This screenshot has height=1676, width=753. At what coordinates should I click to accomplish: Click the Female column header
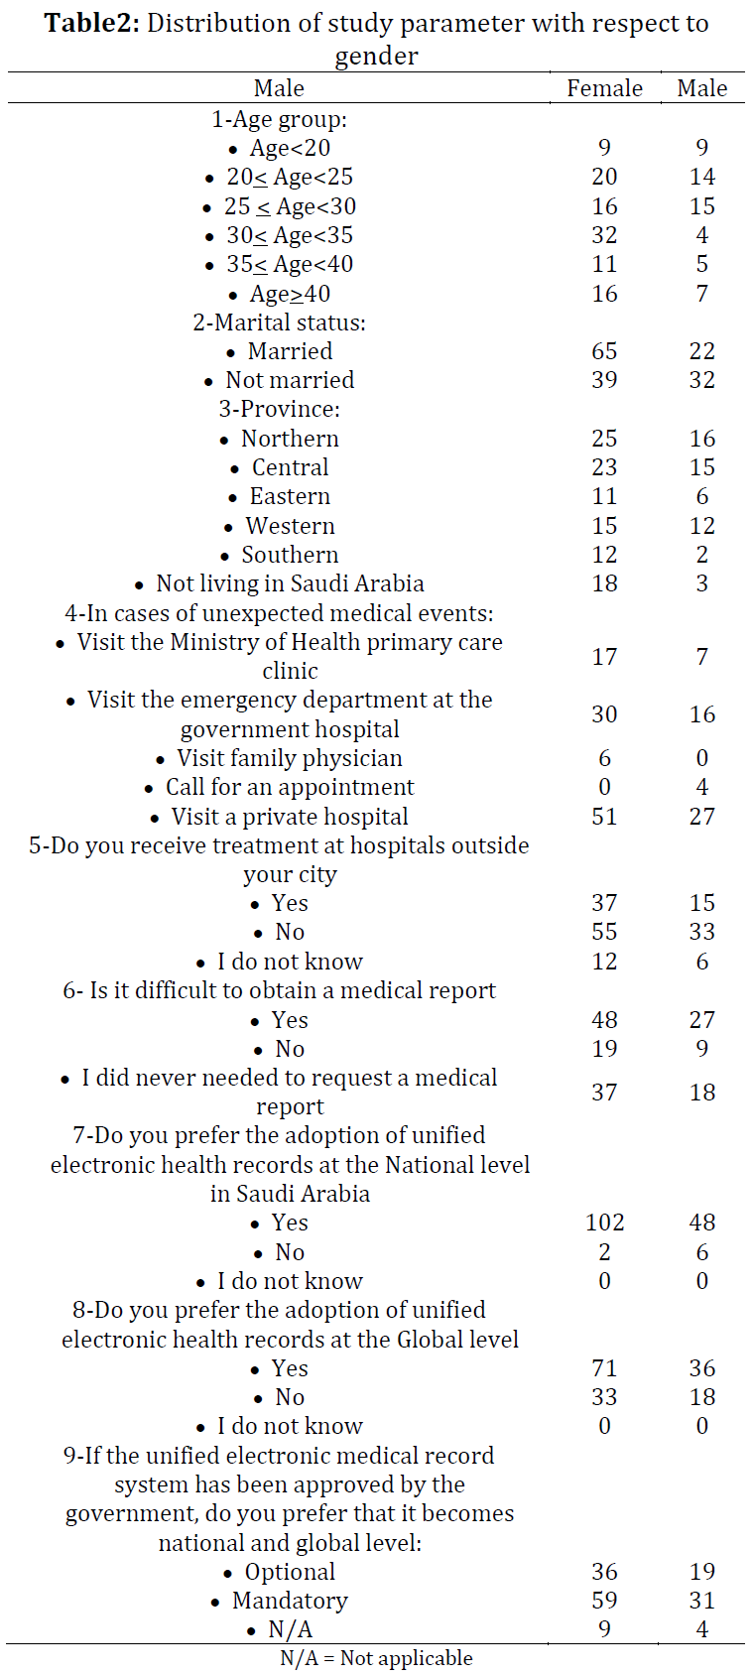pyautogui.click(x=604, y=88)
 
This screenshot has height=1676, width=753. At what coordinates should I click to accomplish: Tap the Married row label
pyautogui.click(x=290, y=351)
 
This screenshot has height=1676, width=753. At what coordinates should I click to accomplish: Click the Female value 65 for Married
pyautogui.click(x=604, y=351)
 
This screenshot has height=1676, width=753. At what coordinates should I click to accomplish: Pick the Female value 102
pyautogui.click(x=604, y=1222)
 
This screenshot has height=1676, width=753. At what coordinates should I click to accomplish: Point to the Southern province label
pyautogui.click(x=290, y=555)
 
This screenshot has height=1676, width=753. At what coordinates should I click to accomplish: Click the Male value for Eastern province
pyautogui.click(x=702, y=496)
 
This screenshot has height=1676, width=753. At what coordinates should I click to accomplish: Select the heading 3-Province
pyautogui.click(x=279, y=409)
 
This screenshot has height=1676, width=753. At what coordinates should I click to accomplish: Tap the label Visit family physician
pyautogui.click(x=290, y=758)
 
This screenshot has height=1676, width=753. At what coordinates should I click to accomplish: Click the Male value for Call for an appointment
pyautogui.click(x=702, y=787)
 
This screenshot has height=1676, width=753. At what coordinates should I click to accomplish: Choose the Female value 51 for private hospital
pyautogui.click(x=604, y=817)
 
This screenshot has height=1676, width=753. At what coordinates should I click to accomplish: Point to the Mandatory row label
pyautogui.click(x=290, y=1601)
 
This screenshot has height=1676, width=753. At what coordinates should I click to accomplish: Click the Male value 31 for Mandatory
pyautogui.click(x=702, y=1601)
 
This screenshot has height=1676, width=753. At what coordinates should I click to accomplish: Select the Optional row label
pyautogui.click(x=290, y=1572)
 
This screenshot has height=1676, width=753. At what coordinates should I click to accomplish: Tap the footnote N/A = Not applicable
pyautogui.click(x=376, y=1659)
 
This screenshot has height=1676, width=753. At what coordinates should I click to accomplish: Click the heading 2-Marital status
pyautogui.click(x=279, y=322)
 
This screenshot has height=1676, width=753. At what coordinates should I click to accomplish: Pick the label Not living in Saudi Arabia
pyautogui.click(x=290, y=583)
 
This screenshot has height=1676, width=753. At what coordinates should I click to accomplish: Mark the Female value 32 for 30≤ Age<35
pyautogui.click(x=604, y=235)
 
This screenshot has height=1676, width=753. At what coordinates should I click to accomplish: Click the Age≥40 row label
pyautogui.click(x=290, y=294)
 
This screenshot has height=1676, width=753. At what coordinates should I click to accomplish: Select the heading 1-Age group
pyautogui.click(x=279, y=119)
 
